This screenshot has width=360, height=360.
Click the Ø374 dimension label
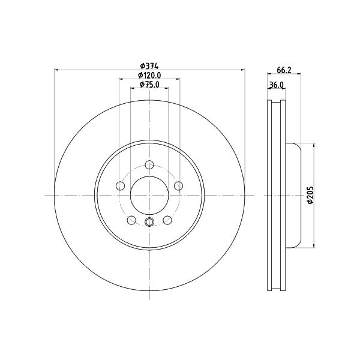click(x=149, y=66)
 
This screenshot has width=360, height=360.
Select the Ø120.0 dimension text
click(x=149, y=75)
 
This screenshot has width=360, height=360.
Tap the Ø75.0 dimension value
click(x=149, y=84)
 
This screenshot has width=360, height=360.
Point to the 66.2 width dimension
click(x=284, y=70)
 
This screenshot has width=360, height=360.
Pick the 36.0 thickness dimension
click(x=276, y=85)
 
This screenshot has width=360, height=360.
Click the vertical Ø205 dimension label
click(x=310, y=195)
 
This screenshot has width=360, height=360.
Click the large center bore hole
click(x=149, y=195)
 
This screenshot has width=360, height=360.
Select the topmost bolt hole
click(x=149, y=164)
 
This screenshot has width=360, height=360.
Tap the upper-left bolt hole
click(x=121, y=185)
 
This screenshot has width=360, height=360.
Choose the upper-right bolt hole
click(x=178, y=185)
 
